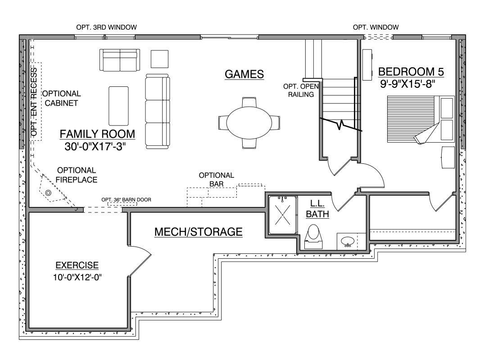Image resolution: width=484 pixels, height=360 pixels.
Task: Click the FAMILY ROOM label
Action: pyautogui.click(x=97, y=134)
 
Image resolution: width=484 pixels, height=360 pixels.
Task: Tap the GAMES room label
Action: pyautogui.click(x=244, y=74)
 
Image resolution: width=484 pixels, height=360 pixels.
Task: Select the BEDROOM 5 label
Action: pyautogui.click(x=411, y=72)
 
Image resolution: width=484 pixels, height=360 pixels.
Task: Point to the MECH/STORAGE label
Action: pyautogui.click(x=198, y=232)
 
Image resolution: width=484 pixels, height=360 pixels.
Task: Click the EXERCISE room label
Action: pyautogui.click(x=77, y=265)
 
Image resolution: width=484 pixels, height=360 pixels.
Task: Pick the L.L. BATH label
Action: pyautogui.click(x=317, y=209)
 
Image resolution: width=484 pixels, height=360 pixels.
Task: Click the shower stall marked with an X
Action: pyautogui.click(x=282, y=215)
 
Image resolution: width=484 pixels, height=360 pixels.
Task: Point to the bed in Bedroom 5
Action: pyautogui.click(x=421, y=119)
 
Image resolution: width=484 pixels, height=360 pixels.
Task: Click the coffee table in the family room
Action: pyautogui.click(x=118, y=105)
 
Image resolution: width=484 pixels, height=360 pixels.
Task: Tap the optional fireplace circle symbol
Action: pyautogui.click(x=48, y=193)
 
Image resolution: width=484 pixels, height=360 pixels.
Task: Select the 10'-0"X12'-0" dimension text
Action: pyautogui.click(x=77, y=277)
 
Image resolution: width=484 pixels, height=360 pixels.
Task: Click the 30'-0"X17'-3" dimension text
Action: pyautogui.click(x=95, y=146)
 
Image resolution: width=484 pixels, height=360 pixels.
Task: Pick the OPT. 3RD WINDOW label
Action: pyautogui.click(x=107, y=27)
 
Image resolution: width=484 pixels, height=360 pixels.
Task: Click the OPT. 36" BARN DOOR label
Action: pyautogui.click(x=126, y=200)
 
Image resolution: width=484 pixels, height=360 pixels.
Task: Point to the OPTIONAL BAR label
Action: pyautogui.click(x=217, y=180)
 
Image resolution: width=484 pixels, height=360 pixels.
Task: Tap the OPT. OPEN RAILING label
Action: pyautogui.click(x=301, y=90)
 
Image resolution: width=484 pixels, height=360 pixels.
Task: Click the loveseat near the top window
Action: pyautogui.click(x=119, y=59)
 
